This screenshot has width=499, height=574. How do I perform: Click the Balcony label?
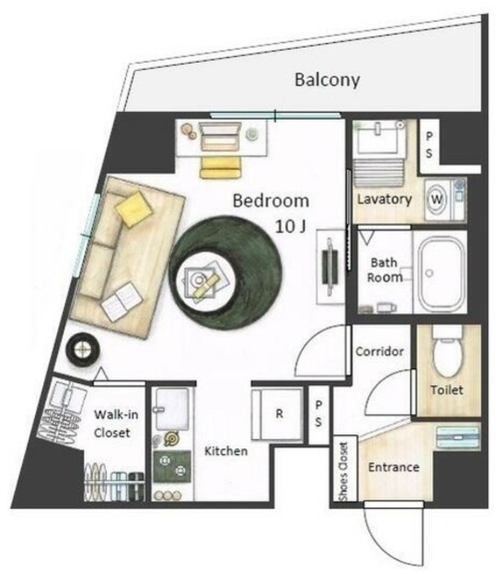[x=327, y=80]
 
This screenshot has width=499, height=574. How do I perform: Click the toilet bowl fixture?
[x=448, y=352]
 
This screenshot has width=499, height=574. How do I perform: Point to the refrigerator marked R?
[x=277, y=414]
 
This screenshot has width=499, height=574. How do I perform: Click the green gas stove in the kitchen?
[x=172, y=467]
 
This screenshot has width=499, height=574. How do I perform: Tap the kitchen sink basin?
[x=172, y=409]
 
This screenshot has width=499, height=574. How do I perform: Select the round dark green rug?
[x=225, y=273]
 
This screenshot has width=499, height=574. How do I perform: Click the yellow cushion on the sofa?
[x=133, y=209]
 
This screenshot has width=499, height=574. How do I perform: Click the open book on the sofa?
[x=121, y=301]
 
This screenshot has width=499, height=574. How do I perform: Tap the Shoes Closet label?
[x=343, y=471]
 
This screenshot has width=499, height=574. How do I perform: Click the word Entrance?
[x=394, y=468]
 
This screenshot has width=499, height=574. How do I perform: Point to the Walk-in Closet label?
[x=116, y=423]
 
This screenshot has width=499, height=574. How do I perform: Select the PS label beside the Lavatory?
[x=429, y=145]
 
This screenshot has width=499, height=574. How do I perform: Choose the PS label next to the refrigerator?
[x=318, y=414]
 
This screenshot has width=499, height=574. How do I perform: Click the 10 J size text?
[x=290, y=227]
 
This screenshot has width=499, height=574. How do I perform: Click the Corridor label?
[x=380, y=352]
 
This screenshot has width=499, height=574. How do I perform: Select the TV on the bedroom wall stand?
[x=330, y=266]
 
